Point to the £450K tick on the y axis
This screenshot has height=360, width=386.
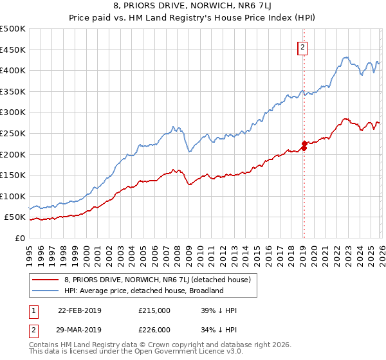[13, 50]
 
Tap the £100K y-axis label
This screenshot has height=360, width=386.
[13, 196]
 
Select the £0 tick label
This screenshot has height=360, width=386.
[19, 238]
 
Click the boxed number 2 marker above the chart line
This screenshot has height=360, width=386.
[302, 46]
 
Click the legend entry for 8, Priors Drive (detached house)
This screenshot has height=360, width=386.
[161, 279]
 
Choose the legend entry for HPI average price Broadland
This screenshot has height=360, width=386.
[143, 291]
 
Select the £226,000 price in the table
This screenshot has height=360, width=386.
[154, 331]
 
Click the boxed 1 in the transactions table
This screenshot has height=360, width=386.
[33, 310]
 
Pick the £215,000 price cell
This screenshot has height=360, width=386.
[154, 310]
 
